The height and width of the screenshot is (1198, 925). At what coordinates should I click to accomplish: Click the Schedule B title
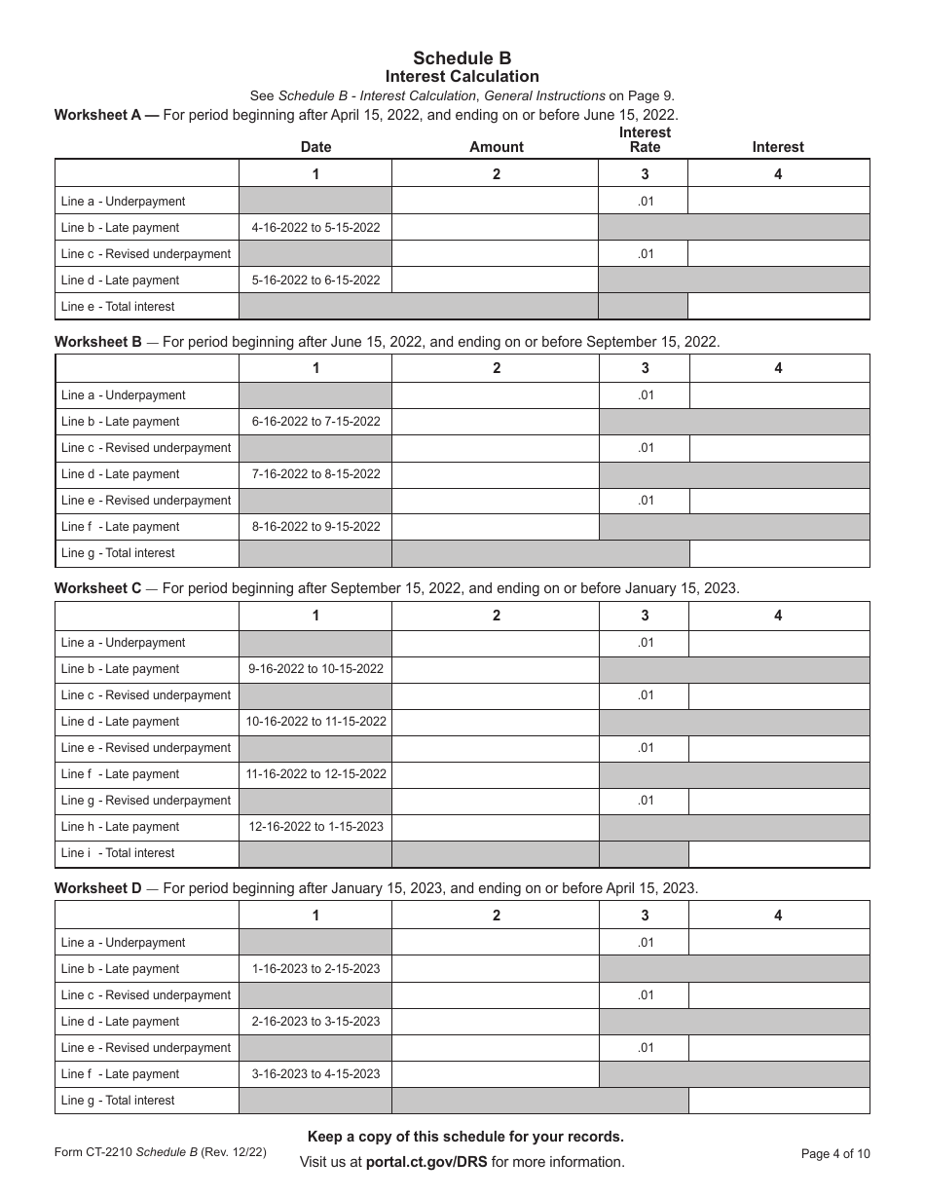click(462, 58)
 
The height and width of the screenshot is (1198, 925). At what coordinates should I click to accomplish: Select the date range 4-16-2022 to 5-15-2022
click(315, 228)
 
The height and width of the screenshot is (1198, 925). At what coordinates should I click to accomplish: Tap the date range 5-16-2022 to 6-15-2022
click(315, 281)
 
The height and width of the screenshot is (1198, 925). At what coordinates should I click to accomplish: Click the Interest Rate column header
click(645, 139)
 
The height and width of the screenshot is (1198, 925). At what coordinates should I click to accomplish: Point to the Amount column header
click(497, 147)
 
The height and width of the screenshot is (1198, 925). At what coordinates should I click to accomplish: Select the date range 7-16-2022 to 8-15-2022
click(315, 474)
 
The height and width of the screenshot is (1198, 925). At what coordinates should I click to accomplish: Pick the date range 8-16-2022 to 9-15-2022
click(315, 527)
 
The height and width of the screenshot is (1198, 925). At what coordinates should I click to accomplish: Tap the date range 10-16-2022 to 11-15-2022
click(315, 722)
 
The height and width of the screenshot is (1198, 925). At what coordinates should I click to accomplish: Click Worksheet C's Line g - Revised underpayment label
click(146, 801)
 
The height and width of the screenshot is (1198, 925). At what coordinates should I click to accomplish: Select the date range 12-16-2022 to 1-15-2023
click(315, 827)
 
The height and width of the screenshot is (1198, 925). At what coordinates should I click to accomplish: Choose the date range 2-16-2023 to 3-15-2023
click(315, 1022)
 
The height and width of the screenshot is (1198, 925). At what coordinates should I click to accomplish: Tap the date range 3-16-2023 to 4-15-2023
click(315, 1074)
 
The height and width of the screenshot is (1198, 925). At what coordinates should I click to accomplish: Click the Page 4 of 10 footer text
click(835, 1154)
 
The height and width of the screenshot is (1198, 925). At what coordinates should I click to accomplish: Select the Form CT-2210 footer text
click(94, 1153)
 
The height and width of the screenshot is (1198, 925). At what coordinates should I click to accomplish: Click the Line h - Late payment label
click(120, 827)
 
